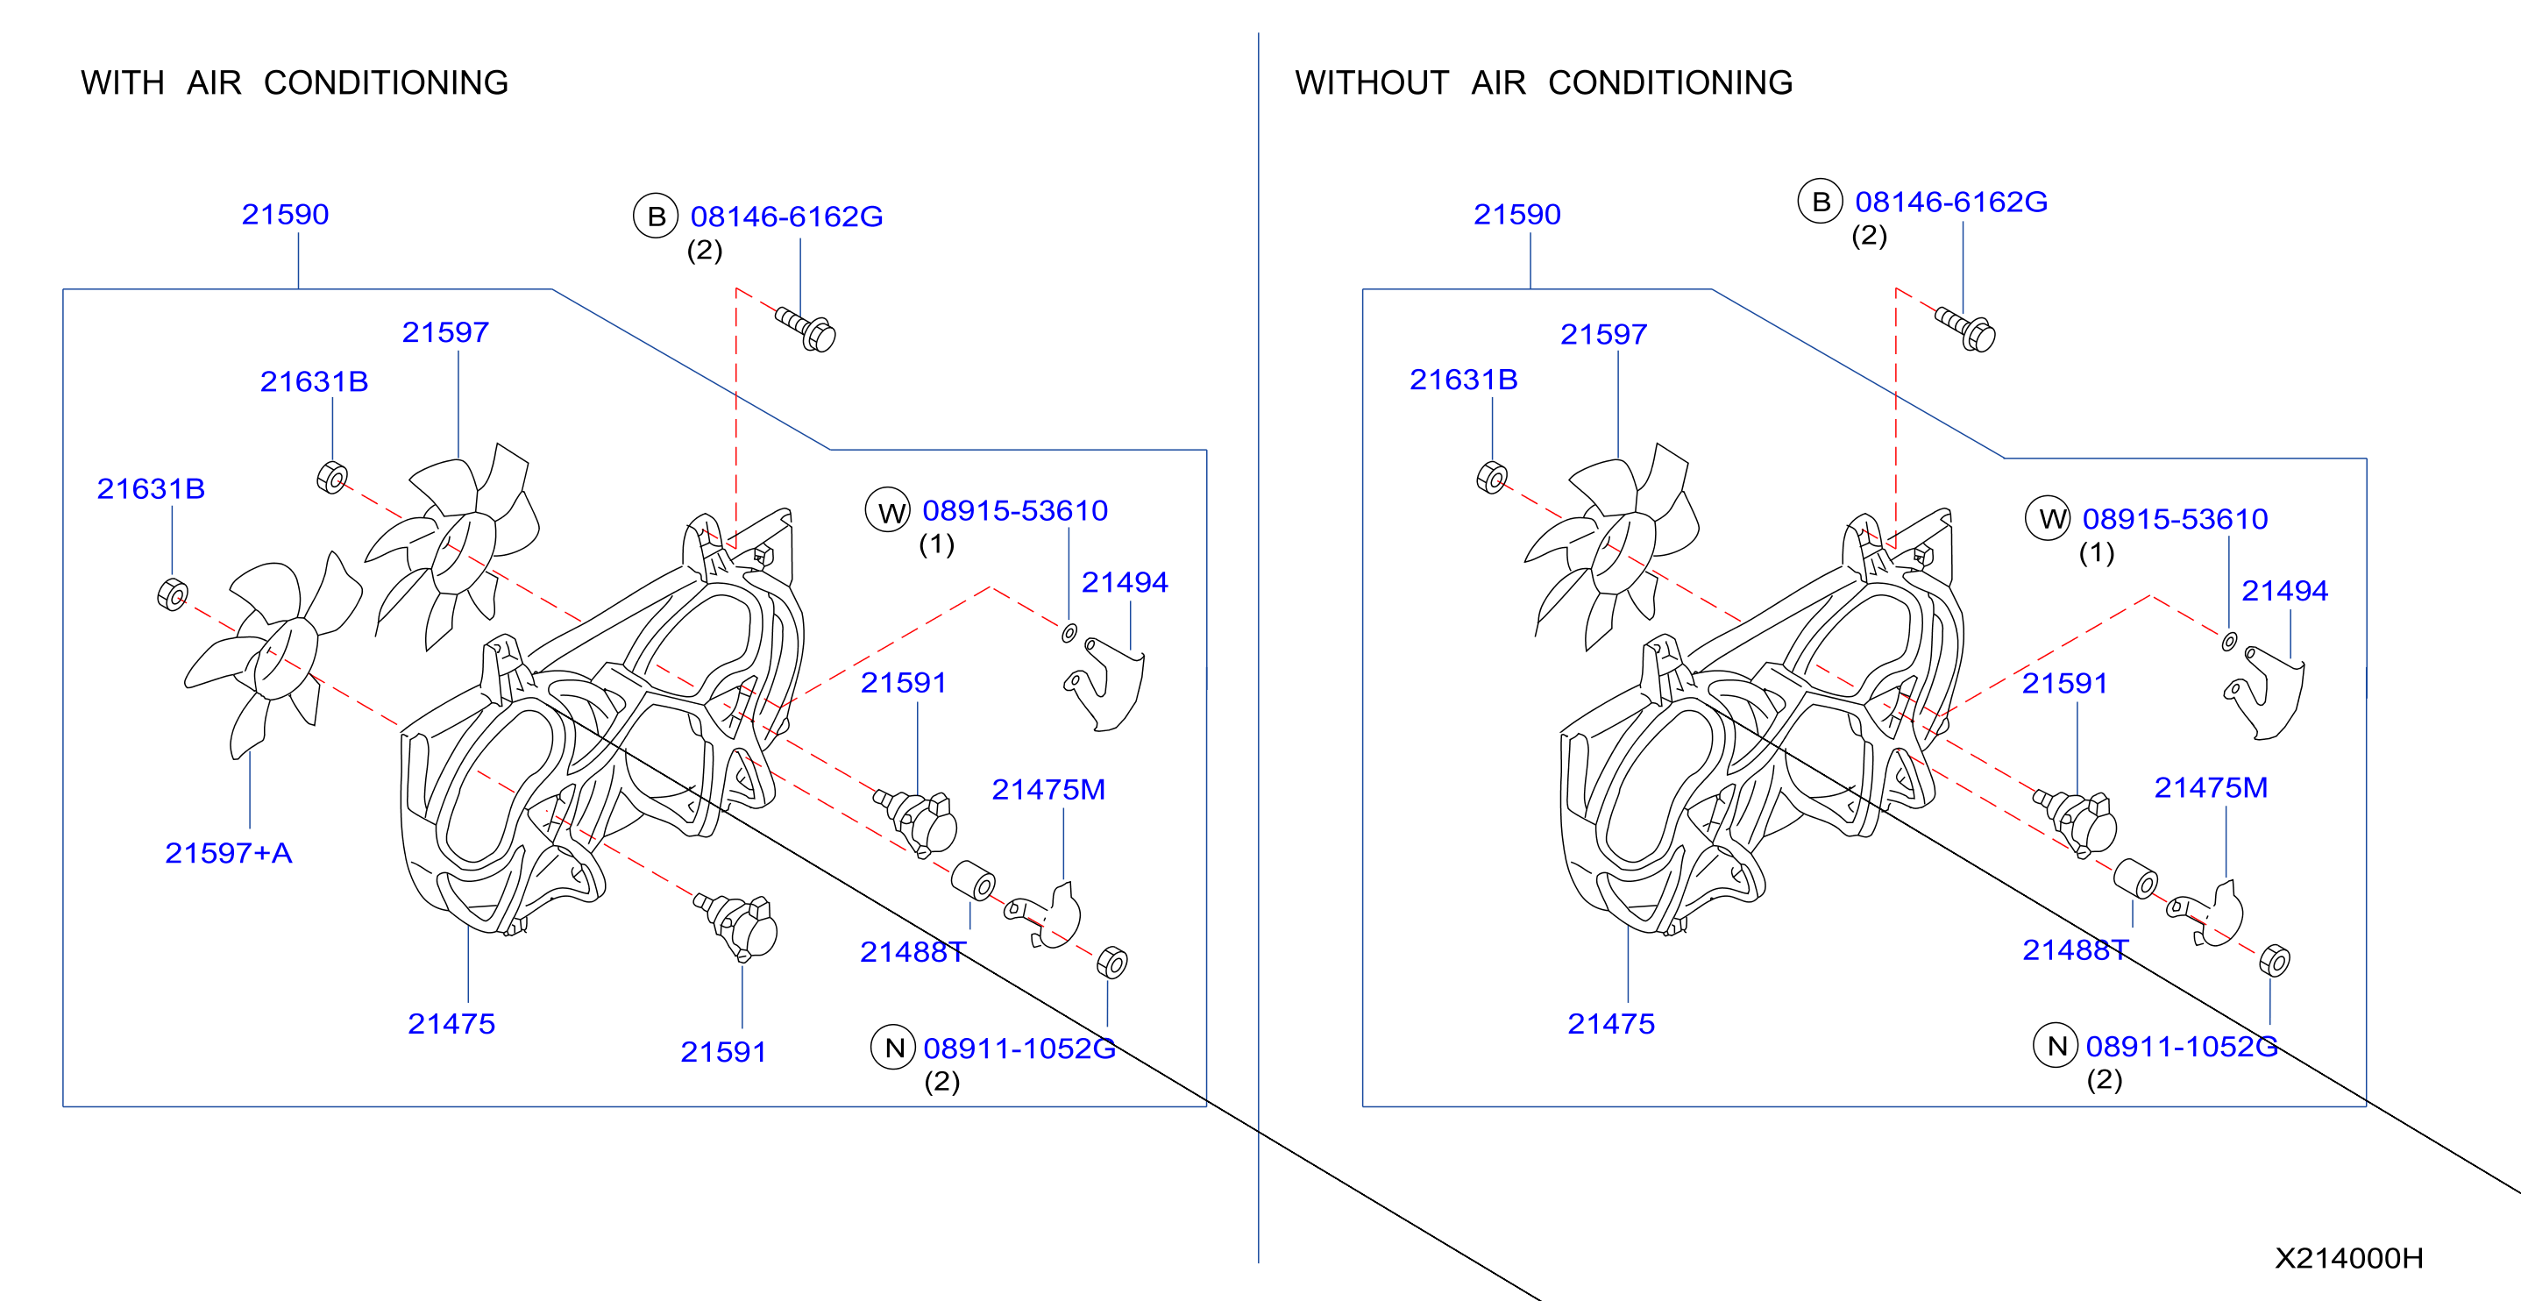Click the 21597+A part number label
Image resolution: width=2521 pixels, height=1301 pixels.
click(228, 853)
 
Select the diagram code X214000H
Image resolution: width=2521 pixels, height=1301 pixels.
click(2349, 1258)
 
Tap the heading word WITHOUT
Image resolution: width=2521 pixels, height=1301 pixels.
click(1371, 82)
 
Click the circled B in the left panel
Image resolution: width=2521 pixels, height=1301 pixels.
click(656, 217)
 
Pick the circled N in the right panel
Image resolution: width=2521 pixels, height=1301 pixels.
click(2056, 1046)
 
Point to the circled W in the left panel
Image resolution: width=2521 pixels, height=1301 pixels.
click(889, 511)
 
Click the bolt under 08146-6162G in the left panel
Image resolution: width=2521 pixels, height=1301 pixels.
click(806, 329)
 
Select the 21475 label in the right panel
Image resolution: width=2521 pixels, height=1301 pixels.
click(1611, 1024)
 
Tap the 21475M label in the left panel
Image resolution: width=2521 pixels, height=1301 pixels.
click(1048, 789)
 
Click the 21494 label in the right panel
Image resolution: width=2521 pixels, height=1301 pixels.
click(2284, 590)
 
